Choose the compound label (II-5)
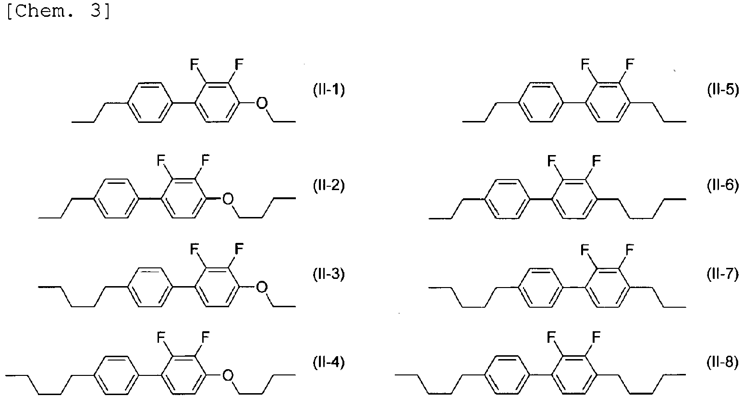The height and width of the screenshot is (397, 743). point(723,90)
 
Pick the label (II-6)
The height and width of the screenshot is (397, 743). point(723,185)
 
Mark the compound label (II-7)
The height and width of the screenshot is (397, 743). point(723,275)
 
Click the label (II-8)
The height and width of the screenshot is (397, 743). point(723,362)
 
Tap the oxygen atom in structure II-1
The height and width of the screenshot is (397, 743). point(261,103)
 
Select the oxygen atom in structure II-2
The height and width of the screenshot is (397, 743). point(228,198)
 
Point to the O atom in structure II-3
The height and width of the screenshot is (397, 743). point(261,287)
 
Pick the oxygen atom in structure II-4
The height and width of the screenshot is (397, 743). point(228,374)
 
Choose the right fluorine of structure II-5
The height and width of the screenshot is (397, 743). point(630,63)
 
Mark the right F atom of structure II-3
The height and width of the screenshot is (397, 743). point(239,249)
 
